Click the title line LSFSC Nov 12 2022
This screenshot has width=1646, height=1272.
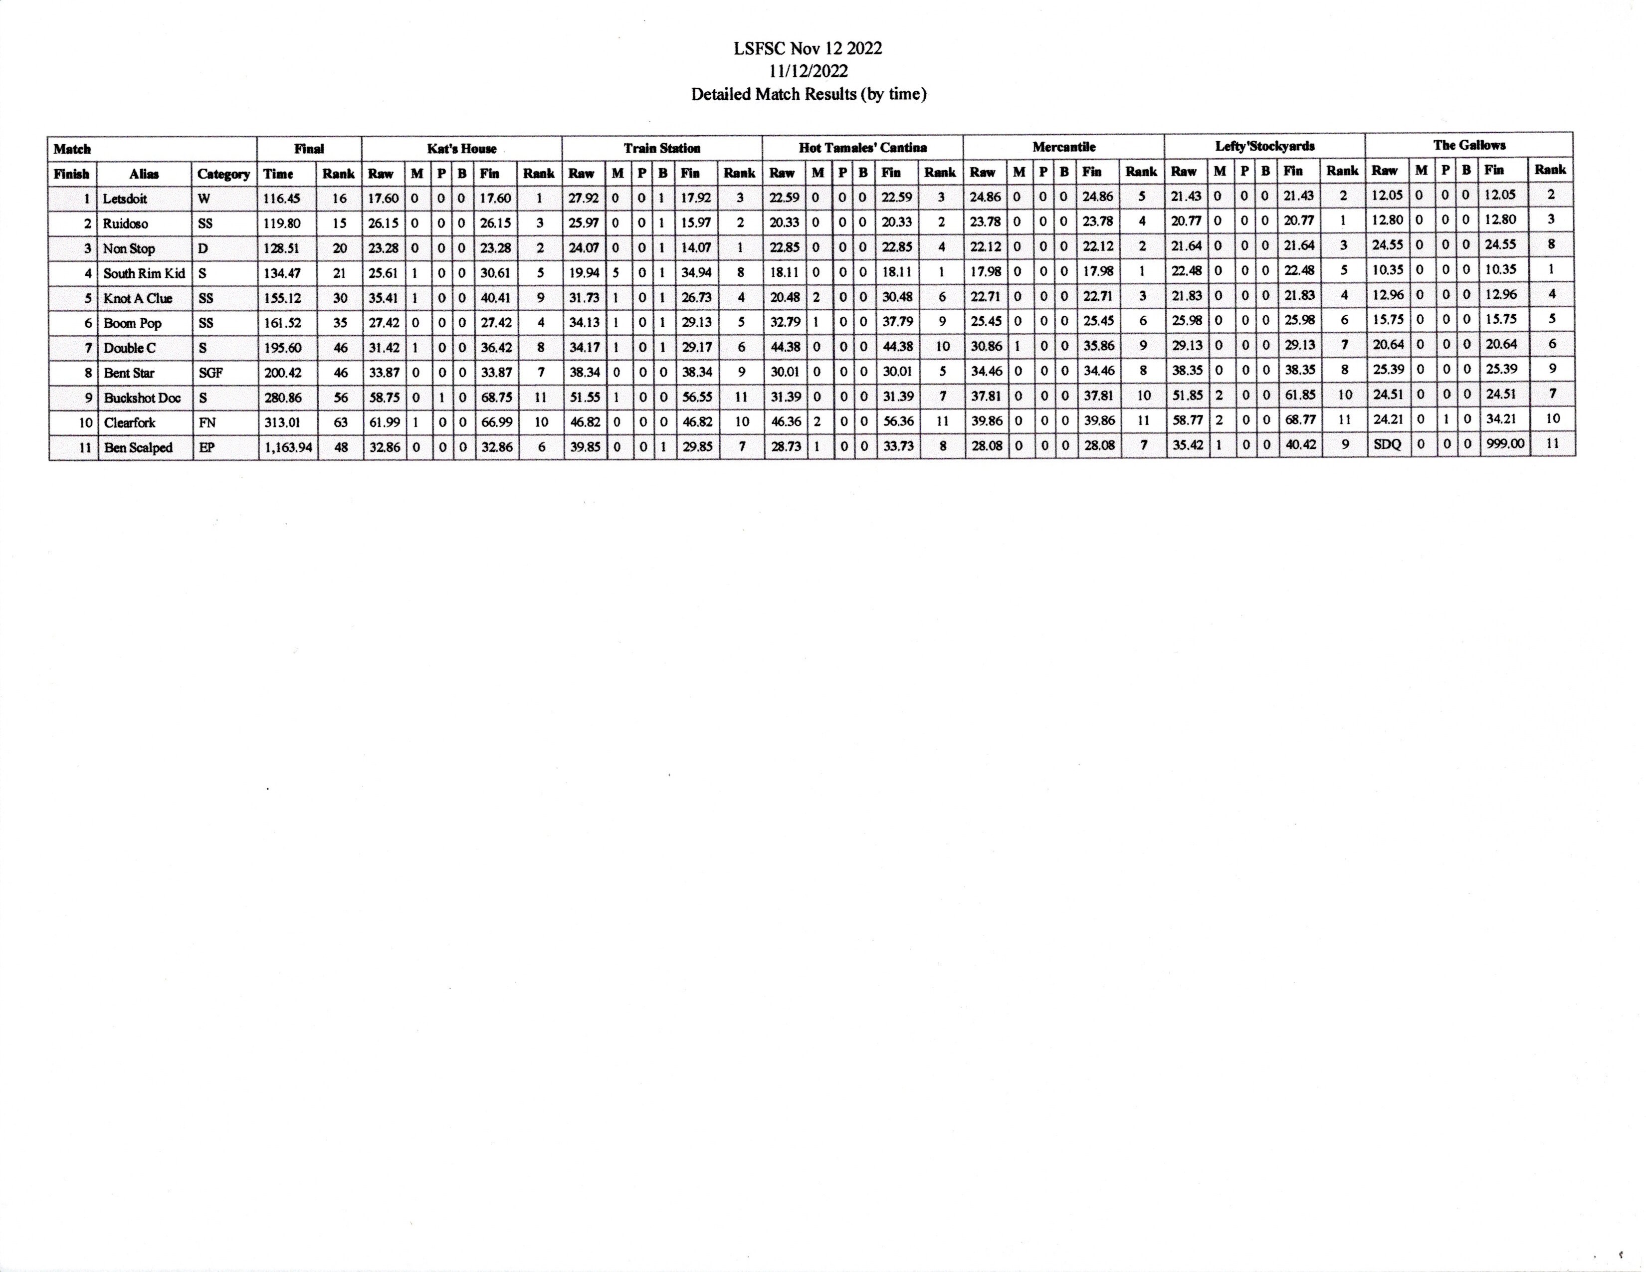tap(808, 49)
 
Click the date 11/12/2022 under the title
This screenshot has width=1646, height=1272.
tap(808, 72)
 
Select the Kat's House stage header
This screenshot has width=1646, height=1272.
tap(461, 149)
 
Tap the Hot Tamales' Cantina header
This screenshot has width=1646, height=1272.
tap(862, 148)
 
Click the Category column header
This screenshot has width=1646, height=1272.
tap(223, 174)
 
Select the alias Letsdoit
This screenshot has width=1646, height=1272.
tap(125, 199)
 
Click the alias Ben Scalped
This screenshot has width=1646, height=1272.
tap(138, 447)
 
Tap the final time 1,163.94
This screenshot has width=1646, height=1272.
tap(287, 447)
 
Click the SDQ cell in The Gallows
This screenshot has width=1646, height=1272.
tap(1387, 444)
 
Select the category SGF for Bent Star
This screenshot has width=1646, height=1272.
tap(210, 373)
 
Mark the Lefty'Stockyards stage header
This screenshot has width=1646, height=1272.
tap(1264, 146)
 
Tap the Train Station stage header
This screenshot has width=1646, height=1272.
tap(662, 149)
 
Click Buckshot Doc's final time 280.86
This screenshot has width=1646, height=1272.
tap(283, 398)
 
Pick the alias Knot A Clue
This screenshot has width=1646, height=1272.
tap(138, 298)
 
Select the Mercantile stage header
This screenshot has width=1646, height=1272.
tap(1063, 147)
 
